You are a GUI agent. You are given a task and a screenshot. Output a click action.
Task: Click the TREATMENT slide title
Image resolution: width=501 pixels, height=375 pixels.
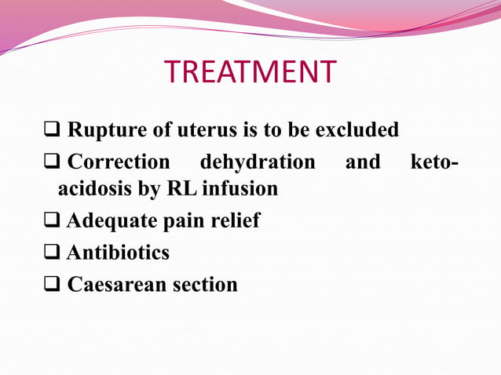click(250, 72)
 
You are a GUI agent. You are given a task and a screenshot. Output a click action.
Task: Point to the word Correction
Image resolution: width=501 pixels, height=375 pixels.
click(119, 162)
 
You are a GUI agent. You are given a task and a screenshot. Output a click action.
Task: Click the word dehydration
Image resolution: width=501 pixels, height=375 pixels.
click(258, 162)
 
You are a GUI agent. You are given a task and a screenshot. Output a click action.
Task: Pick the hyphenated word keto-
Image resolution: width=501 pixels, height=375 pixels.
click(434, 162)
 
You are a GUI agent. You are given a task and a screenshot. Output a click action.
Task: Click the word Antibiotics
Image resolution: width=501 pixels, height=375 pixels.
click(118, 253)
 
